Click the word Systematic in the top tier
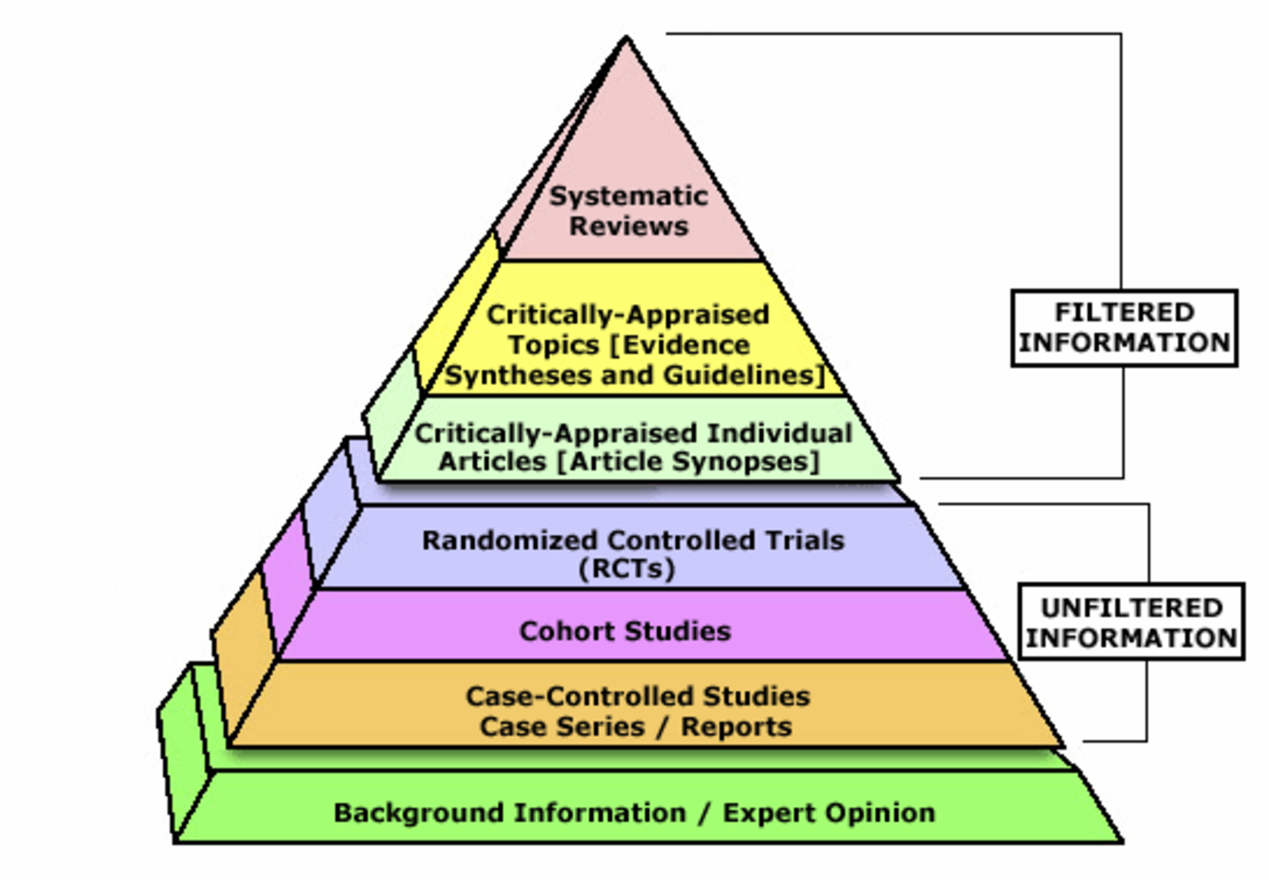tap(629, 196)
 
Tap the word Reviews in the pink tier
tap(629, 227)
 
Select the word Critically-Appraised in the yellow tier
tap(628, 315)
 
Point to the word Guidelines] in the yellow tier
tap(744, 375)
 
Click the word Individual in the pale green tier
tap(780, 433)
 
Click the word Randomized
tap(510, 540)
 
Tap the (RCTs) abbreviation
tap(627, 569)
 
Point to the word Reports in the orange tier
tap(736, 727)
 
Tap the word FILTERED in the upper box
tap(1124, 312)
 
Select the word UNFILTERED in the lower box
tap(1132, 608)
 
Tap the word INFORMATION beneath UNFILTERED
tap(1132, 638)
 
